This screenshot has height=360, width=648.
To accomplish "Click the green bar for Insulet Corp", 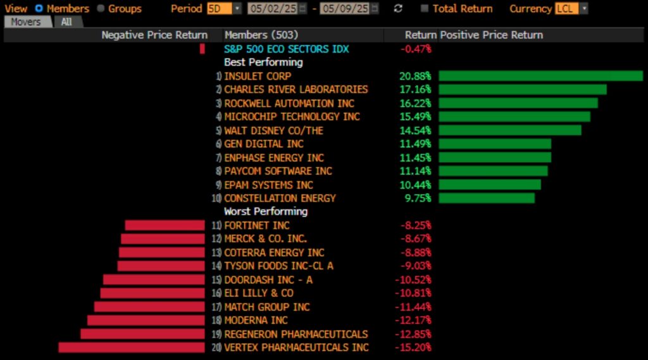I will [540, 76].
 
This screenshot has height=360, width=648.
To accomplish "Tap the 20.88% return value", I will [415, 76].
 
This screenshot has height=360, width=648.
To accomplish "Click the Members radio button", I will [39, 9].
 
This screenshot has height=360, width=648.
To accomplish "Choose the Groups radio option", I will [101, 9].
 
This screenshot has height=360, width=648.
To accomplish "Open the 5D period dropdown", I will [224, 9].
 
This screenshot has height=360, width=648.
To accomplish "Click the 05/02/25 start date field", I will [272, 9].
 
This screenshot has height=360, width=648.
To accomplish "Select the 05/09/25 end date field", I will [346, 9].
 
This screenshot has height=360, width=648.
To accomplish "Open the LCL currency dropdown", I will [571, 9].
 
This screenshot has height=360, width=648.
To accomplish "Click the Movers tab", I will [26, 22].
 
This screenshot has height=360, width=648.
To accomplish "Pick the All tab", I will [66, 22].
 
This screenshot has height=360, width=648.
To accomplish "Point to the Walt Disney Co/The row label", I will [273, 130].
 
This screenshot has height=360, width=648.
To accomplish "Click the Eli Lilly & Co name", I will [259, 293].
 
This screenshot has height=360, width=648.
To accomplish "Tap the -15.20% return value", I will [416, 347].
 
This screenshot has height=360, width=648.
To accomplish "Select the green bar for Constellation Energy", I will [486, 198].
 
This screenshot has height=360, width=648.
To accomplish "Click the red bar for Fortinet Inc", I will [165, 225].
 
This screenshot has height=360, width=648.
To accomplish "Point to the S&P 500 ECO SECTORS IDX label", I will [286, 49].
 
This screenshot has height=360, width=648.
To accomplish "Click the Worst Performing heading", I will [266, 211].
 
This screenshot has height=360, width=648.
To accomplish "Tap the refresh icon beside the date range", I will [398, 9].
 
